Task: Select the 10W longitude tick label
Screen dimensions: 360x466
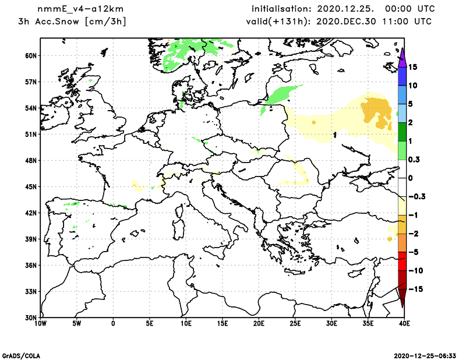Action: coord(40,323)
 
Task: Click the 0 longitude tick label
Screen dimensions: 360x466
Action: coord(113,323)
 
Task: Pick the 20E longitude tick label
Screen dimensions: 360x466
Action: coord(259,323)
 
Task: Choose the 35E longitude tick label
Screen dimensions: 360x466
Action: coord(368,323)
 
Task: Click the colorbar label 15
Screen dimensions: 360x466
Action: coord(414,67)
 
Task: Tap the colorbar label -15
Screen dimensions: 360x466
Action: coord(415,290)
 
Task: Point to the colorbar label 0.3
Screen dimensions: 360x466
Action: coord(415,160)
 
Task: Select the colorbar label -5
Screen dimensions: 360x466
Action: coord(413,252)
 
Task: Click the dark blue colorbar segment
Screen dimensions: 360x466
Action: coord(402,76)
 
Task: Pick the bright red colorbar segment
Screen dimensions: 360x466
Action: coord(402,262)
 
